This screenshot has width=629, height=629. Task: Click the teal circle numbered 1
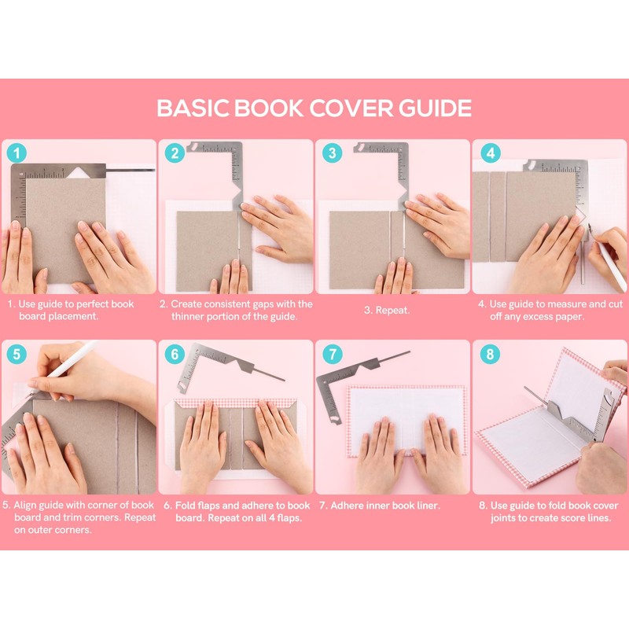17,153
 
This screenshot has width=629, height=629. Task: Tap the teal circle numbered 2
175,153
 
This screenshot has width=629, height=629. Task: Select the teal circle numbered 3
332,153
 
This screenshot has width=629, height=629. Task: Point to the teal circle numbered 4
490,153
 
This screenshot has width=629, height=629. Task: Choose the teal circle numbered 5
17,355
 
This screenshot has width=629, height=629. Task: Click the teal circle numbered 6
175,355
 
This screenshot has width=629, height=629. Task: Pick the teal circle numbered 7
332,355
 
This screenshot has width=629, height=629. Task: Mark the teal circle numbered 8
490,355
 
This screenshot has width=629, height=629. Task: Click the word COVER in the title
351,109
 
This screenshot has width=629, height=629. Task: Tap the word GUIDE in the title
436,109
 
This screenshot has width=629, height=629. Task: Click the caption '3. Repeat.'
387,311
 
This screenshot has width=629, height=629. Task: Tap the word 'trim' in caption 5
104,517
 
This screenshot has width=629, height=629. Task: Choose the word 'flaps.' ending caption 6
289,518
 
